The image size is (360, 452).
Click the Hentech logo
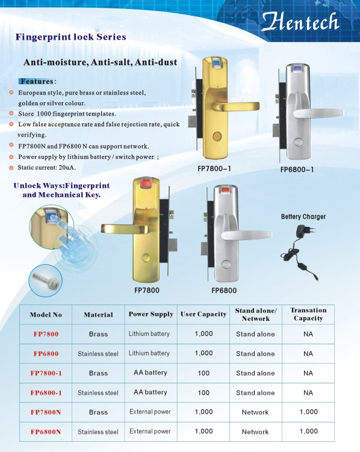tap(300, 22)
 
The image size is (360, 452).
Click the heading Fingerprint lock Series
tap(71, 37)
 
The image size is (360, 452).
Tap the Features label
tap(37, 82)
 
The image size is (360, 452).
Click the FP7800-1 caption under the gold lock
tap(214, 169)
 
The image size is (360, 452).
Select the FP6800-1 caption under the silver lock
tap(297, 170)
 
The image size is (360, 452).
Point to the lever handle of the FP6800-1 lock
tap(318, 113)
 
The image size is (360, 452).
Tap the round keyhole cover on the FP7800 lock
tap(146, 257)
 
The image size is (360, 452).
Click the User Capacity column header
tap(203, 314)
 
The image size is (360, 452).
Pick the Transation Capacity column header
tap(308, 314)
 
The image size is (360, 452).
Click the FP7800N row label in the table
tap(46, 412)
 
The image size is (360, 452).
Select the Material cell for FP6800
tap(98, 354)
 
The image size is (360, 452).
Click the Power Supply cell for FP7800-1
tap(151, 373)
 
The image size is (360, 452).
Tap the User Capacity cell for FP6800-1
tap(203, 392)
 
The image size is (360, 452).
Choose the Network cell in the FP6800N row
tap(255, 432)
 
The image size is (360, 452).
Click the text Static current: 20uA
tap(47, 167)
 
